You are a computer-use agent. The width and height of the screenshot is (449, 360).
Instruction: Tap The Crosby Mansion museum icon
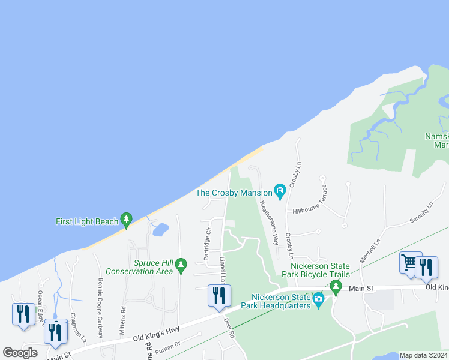[280, 191]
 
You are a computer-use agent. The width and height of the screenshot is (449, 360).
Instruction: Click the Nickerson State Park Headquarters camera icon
[318, 298]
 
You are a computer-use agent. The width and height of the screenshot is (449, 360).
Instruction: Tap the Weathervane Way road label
[268, 222]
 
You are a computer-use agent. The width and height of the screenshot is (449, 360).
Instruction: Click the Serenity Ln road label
[421, 214]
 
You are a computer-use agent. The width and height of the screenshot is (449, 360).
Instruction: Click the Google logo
[20, 353]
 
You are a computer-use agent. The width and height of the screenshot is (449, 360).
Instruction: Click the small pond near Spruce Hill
[160, 229]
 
